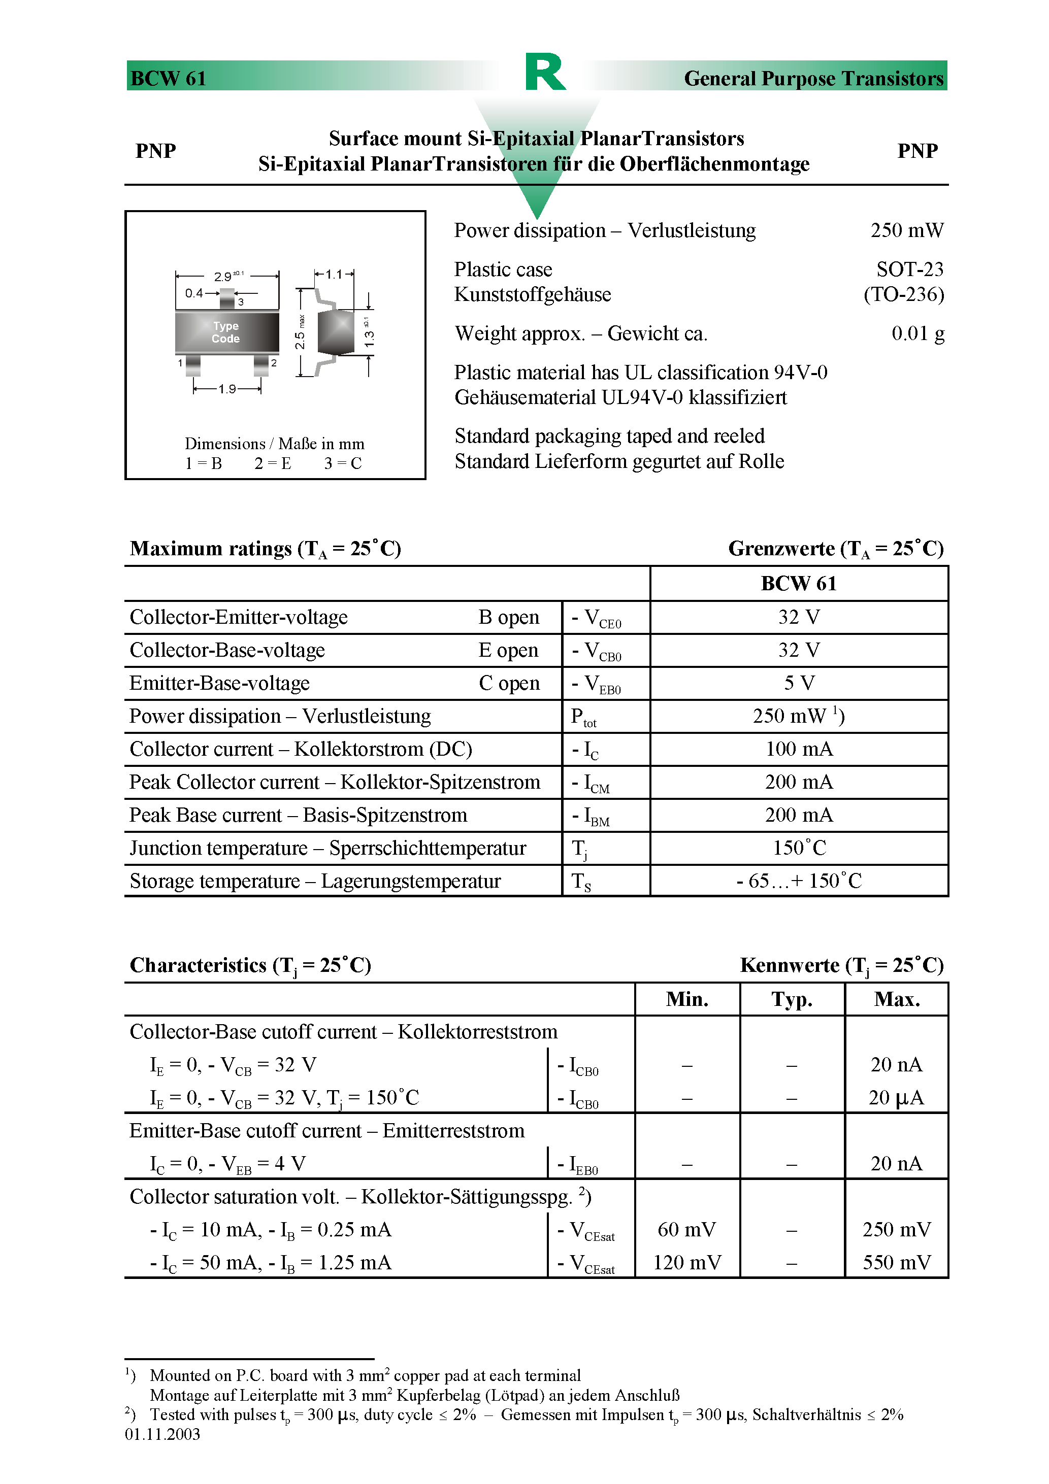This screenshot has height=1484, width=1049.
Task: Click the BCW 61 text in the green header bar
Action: point(168,79)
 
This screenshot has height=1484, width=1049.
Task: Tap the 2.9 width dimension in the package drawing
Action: point(223,277)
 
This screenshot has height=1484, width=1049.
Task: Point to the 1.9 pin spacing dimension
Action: point(227,389)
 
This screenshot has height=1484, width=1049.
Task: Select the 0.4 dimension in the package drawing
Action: point(194,293)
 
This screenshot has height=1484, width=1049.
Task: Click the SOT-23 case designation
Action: point(909,269)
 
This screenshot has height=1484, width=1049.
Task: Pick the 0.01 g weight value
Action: point(917,333)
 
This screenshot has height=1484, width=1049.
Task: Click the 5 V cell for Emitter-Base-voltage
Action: point(799,683)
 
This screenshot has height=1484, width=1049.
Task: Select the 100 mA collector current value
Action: point(799,749)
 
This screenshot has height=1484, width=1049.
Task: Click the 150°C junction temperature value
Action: point(799,848)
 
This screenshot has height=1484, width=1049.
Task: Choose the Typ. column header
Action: point(792,1000)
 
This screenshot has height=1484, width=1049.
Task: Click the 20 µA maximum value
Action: point(896,1098)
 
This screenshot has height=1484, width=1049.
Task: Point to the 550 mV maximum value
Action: point(896,1263)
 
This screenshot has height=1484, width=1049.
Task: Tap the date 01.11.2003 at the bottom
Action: point(162,1434)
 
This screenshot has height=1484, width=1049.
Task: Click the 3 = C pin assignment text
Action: point(343,463)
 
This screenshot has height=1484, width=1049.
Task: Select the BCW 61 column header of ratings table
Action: point(799,584)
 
